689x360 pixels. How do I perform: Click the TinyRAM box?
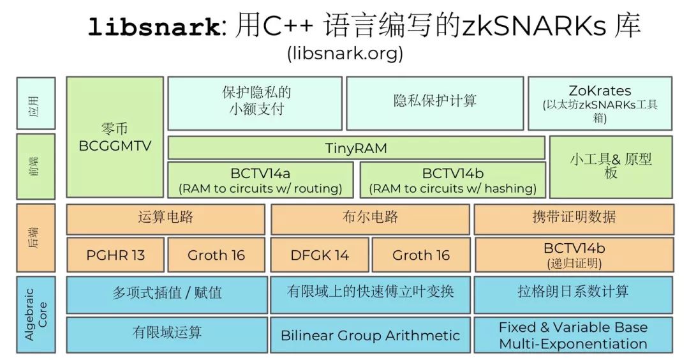[357, 147]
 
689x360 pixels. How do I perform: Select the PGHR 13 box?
[115, 255]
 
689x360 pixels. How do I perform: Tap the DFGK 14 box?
[320, 255]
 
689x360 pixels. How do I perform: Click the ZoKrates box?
[600, 103]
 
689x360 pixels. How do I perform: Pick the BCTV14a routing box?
[260, 180]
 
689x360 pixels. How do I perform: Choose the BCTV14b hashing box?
[452, 180]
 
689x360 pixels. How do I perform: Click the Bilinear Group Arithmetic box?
[370, 335]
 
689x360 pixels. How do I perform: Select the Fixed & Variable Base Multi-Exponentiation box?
[573, 335]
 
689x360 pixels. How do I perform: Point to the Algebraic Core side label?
[36, 314]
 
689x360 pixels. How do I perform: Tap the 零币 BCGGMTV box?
[115, 137]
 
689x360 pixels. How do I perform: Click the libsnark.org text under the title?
[345, 53]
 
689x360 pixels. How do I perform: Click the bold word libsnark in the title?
[154, 27]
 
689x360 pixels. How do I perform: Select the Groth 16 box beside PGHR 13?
[216, 255]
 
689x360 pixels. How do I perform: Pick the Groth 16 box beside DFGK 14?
[421, 255]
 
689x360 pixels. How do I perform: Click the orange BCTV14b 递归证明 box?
[574, 255]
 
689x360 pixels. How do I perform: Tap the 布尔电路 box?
[370, 218]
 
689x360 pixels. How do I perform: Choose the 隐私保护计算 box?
[435, 103]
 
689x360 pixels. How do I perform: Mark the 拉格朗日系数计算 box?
[573, 294]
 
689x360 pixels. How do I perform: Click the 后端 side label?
[36, 237]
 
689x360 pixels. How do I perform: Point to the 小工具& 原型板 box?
[611, 167]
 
